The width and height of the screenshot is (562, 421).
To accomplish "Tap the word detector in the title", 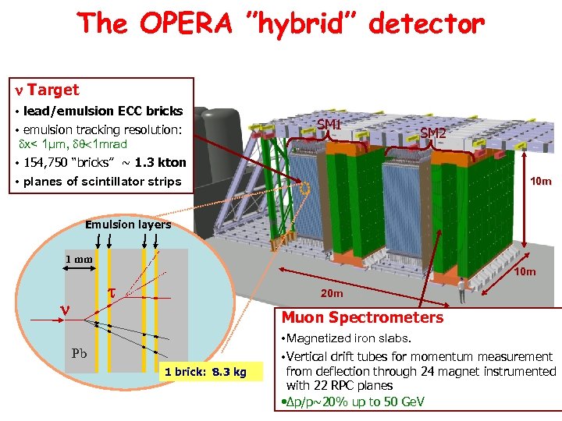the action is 427,25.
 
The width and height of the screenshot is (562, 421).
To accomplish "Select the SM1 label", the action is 329,125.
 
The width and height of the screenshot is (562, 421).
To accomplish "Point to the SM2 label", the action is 433,133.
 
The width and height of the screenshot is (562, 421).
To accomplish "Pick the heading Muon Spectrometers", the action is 362,317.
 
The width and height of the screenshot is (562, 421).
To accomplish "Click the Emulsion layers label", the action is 128,225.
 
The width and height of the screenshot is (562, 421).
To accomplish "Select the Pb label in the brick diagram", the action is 80,352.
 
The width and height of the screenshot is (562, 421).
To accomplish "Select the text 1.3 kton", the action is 161,163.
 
